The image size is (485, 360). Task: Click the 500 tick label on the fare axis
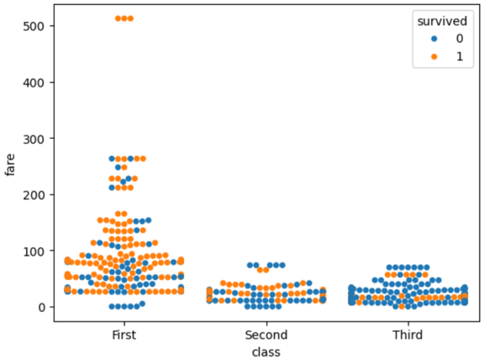click(34, 26)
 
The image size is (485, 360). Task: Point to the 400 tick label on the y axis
click(34, 82)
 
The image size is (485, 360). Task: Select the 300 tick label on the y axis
click(34, 139)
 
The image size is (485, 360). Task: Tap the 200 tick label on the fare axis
click(34, 194)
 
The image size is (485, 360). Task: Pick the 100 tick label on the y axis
click(34, 251)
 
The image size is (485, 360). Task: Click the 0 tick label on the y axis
click(40, 307)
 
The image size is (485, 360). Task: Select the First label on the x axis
click(124, 336)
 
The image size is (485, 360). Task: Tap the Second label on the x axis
click(266, 336)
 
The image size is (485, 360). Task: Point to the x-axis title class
click(266, 352)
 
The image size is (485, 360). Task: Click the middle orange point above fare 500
click(124, 19)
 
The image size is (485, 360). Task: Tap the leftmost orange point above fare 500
click(118, 19)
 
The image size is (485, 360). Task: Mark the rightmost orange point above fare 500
click(129, 19)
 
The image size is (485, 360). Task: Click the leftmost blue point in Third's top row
click(389, 267)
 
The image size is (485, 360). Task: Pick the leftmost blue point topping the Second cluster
click(250, 265)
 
